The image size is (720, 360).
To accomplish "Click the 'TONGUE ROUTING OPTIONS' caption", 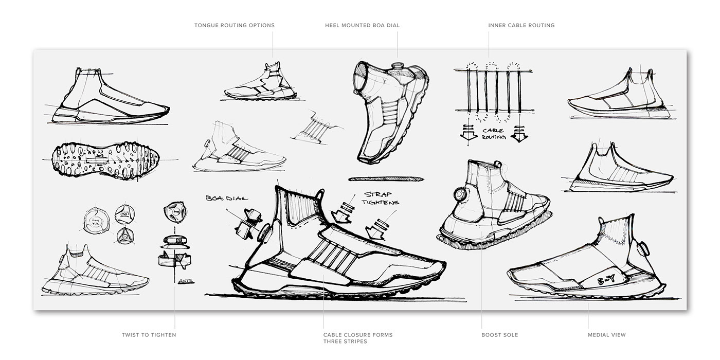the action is click(x=234, y=25).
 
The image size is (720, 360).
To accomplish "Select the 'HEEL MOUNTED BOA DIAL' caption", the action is click(x=362, y=25).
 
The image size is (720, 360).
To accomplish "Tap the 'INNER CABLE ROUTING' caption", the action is click(x=521, y=25).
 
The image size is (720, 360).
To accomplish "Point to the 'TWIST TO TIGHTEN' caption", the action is click(x=149, y=335).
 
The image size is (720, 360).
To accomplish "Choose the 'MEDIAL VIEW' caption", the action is click(x=607, y=335).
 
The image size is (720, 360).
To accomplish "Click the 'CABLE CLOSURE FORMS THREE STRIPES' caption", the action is click(x=358, y=338).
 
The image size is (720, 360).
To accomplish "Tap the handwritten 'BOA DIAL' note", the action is click(x=227, y=199).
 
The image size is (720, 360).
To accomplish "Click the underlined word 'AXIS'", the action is click(x=183, y=280).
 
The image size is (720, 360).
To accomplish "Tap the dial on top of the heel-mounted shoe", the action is click(x=398, y=66).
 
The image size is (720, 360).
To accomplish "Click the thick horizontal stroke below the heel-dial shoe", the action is click(x=386, y=179).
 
